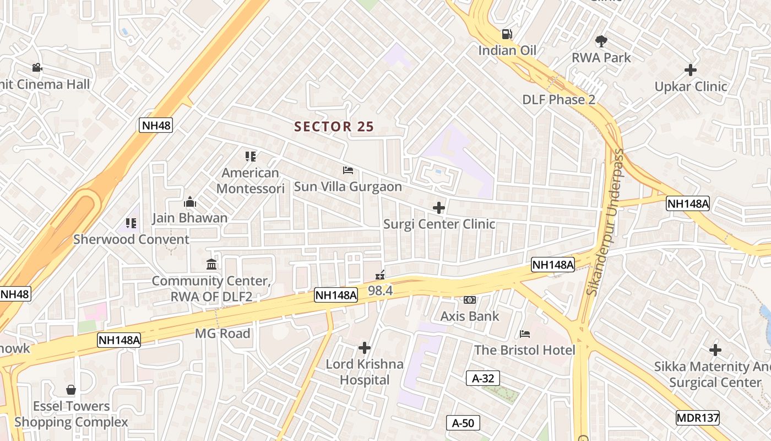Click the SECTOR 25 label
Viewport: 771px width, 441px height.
coord(334,127)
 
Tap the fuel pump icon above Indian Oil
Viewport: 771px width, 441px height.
coord(507,34)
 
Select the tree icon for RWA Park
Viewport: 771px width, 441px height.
coord(601,41)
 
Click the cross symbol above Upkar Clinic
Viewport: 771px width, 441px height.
coord(690,70)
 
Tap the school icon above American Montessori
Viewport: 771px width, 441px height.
coord(251,157)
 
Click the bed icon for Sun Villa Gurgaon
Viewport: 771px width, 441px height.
coord(348,170)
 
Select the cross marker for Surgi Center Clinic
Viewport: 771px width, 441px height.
coord(439,208)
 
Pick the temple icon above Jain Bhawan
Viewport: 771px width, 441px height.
coord(190,202)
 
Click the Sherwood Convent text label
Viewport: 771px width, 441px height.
coord(131,239)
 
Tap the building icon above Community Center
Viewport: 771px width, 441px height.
coord(211,265)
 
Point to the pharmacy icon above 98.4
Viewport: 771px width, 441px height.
coord(380,274)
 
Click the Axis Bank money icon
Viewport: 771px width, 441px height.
coord(470,300)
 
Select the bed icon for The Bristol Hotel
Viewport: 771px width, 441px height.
coord(525,334)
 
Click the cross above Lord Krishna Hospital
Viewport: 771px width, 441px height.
coord(364,348)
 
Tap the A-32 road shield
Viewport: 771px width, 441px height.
coord(483,378)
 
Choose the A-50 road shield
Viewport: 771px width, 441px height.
coord(463,423)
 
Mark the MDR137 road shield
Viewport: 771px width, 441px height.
coord(698,417)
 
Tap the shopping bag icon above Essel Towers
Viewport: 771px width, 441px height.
coord(71,390)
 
